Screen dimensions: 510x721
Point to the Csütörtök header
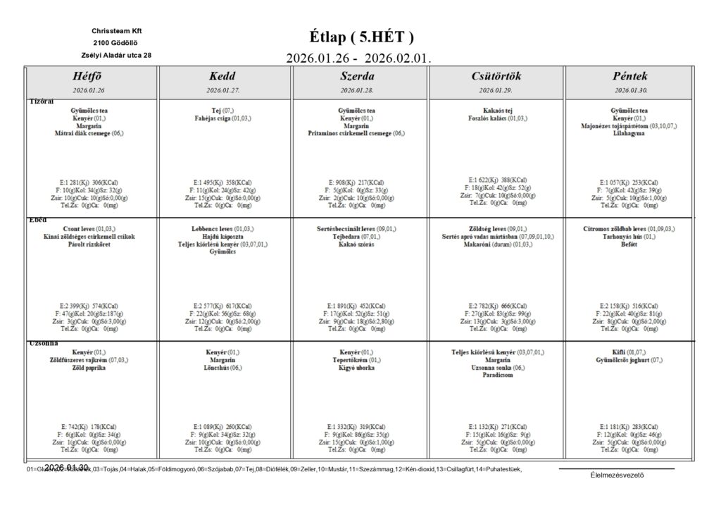tap(496, 76)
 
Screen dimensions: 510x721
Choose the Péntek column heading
tap(630, 76)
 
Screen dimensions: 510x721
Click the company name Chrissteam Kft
tap(116, 31)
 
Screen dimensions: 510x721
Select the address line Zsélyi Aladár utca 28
tap(116, 54)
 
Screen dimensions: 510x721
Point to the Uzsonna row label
tap(43, 343)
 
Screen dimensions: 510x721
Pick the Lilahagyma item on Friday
tap(630, 132)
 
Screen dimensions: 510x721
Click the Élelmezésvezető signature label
tap(617, 474)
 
